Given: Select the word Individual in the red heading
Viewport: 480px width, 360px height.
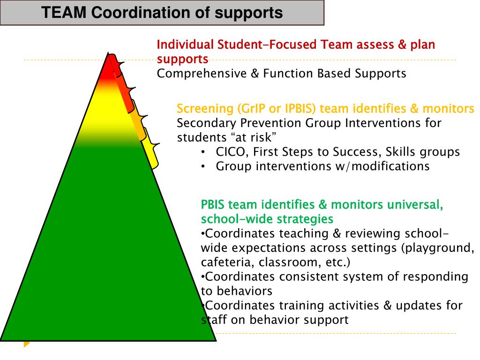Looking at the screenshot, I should pos(185,45).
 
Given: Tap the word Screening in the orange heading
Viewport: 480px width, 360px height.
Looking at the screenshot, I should pos(205,109).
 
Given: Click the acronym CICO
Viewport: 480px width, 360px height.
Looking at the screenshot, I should pos(231,152).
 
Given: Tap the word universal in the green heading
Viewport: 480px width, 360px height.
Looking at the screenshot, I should pos(418,205).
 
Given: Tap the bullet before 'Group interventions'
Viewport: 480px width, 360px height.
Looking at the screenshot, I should pos(202,166).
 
